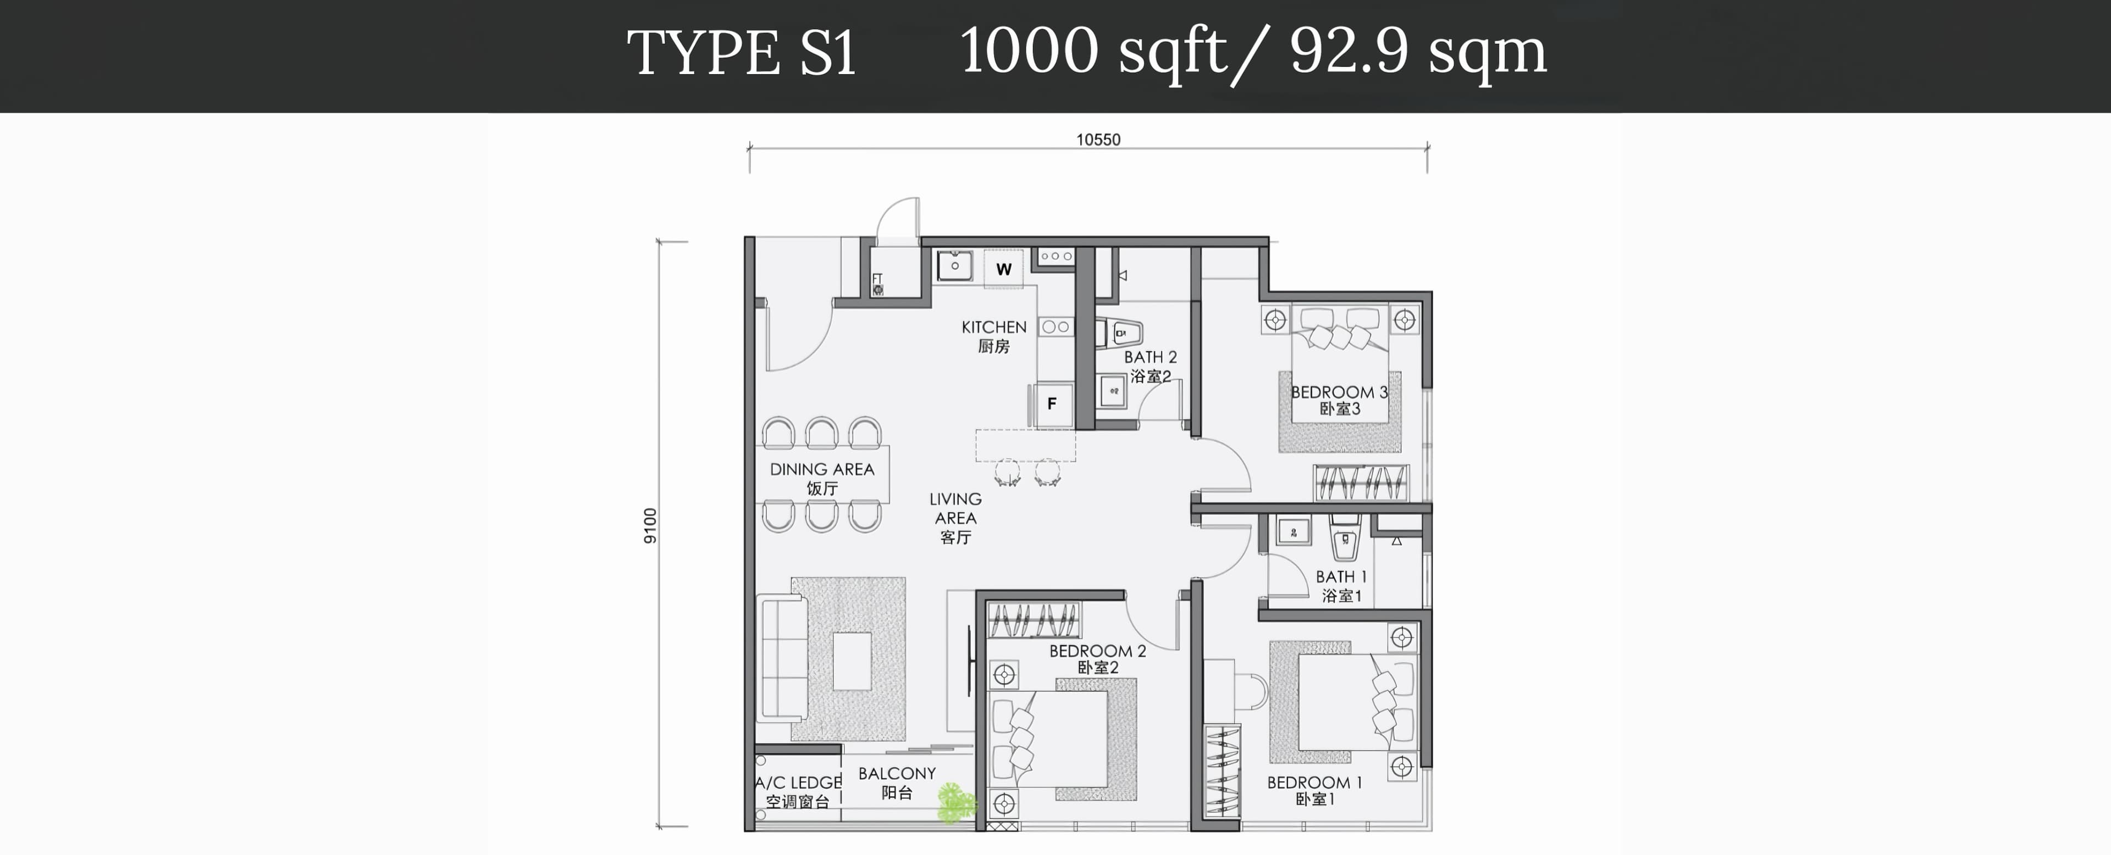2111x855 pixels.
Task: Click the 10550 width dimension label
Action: [x=1098, y=140]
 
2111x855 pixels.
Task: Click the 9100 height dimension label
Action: [x=650, y=526]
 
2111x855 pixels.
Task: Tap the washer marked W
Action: [x=1004, y=269]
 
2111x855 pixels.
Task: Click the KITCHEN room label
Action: [x=994, y=327]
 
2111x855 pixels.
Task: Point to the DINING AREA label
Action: [x=822, y=469]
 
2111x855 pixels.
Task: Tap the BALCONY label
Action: [x=897, y=773]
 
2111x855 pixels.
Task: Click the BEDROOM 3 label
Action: [x=1339, y=392]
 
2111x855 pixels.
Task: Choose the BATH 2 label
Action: [x=1150, y=357]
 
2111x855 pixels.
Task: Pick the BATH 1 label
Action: [x=1341, y=576]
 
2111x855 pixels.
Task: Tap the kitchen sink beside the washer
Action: [x=955, y=266]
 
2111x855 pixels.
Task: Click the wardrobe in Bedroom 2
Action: [x=1034, y=620]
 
